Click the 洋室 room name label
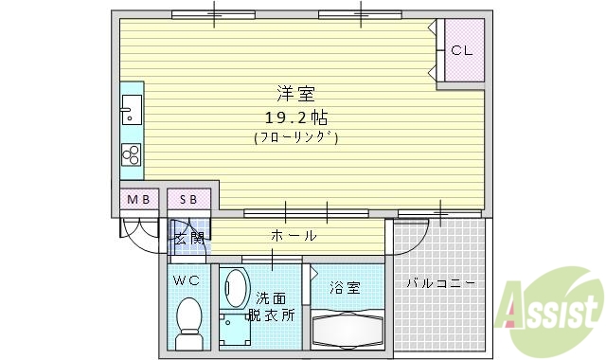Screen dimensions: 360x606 coord(295,94)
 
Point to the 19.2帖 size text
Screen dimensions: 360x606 coord(295,117)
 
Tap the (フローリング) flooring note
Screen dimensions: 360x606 coord(295,137)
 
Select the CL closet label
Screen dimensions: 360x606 coord(462,51)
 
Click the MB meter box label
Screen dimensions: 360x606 coord(138,199)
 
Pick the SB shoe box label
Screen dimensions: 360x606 coord(188,199)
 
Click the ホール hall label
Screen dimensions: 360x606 coord(294,235)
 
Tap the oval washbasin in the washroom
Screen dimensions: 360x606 coord(234,288)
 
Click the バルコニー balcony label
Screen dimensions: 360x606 coord(440,283)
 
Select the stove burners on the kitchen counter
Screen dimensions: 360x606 coord(131,154)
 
